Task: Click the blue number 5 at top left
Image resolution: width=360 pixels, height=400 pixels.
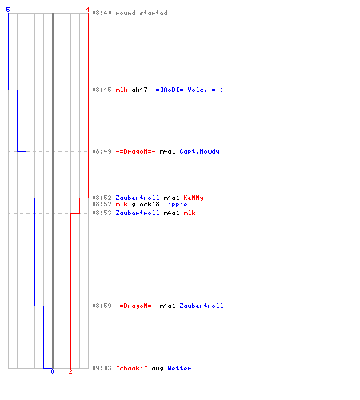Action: click(8, 10)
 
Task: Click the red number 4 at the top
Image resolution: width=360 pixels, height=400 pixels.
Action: click(88, 10)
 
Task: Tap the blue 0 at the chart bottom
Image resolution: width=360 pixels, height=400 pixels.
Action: click(52, 371)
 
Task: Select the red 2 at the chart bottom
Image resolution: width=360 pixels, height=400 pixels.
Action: click(70, 371)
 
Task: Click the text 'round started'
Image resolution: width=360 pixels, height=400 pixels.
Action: click(142, 13)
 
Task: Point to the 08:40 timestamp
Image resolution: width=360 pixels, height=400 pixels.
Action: click(102, 13)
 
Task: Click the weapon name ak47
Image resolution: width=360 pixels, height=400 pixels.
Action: click(139, 90)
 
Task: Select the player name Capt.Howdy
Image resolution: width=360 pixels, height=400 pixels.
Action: click(199, 151)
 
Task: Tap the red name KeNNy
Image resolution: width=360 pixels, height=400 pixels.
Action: click(194, 198)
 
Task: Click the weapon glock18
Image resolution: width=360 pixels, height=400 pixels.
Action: click(146, 204)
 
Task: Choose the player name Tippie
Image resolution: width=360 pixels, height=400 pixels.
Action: click(175, 204)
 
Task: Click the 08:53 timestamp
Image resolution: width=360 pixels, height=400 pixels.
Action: click(102, 213)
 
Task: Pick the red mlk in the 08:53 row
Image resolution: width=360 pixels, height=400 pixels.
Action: click(190, 213)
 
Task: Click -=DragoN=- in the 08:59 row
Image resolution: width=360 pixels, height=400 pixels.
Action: click(135, 306)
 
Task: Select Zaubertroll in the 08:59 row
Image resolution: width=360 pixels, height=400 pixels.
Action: click(202, 306)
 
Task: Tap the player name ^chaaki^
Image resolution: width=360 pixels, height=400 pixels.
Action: click(131, 368)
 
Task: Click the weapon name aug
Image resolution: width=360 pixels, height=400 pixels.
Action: click(158, 369)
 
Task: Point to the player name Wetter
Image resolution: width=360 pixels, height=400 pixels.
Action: click(179, 368)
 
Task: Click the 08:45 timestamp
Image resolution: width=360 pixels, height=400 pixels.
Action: click(102, 90)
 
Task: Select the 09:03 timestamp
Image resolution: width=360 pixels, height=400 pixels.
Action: click(102, 368)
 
